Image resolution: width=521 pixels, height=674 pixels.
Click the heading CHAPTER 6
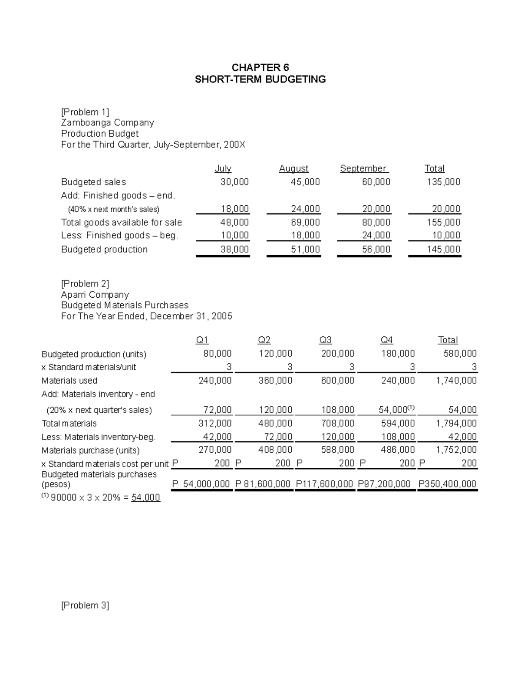click(260, 68)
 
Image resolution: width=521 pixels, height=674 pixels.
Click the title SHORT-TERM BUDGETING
click(260, 79)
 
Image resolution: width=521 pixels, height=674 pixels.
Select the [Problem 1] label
click(85, 112)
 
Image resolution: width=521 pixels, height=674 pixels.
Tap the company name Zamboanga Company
click(107, 123)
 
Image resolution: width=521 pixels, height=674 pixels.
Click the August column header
click(293, 168)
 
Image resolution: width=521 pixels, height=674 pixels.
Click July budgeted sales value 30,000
click(234, 182)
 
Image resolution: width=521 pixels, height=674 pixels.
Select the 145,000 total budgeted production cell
click(443, 250)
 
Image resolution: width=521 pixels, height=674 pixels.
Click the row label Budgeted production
click(104, 250)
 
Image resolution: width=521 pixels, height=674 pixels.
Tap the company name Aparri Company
click(95, 295)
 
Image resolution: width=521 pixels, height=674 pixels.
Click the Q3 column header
click(325, 340)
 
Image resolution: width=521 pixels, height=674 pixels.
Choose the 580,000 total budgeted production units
click(460, 354)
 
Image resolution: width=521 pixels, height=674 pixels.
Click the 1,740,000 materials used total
click(456, 381)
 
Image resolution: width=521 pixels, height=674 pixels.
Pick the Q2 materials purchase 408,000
click(275, 450)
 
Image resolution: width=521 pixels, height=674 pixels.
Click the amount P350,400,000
click(447, 484)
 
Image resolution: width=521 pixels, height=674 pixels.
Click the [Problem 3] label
click(85, 605)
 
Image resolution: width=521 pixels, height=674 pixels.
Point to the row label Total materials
click(69, 424)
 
